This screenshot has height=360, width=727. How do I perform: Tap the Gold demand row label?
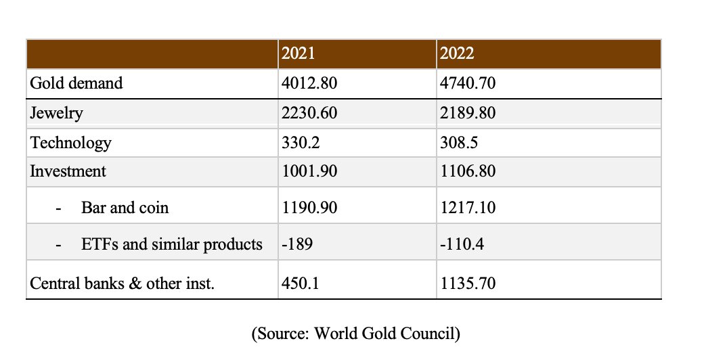click(76, 83)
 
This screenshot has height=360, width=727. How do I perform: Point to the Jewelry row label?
click(56, 112)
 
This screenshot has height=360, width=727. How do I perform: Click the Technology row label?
click(70, 143)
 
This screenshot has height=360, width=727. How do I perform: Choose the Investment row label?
click(68, 171)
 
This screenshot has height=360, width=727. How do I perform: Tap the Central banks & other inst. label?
click(122, 284)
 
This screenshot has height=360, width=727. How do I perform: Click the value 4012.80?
click(309, 83)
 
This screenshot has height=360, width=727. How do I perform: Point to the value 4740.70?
click(467, 83)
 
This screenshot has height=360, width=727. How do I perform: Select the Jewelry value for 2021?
click(309, 112)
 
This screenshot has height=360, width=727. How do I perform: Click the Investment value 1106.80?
click(467, 171)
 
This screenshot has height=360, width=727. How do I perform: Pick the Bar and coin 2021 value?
click(309, 207)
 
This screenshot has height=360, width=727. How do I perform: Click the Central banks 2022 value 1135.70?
click(467, 284)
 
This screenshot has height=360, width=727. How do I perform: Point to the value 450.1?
click(299, 284)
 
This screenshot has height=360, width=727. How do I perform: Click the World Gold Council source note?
click(355, 334)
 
